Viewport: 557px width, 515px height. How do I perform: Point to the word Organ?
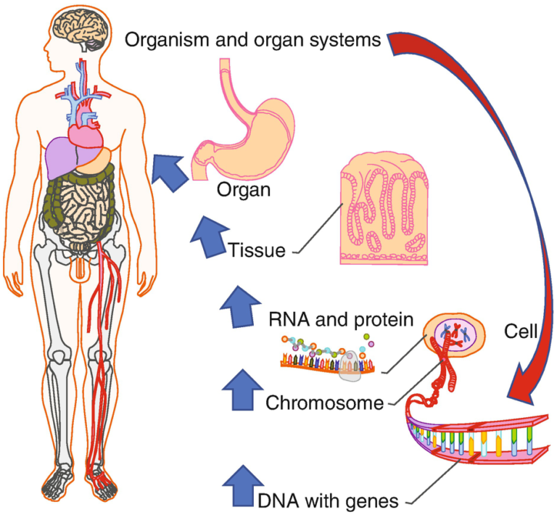click(x=243, y=191)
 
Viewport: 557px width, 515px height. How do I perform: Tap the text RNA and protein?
click(x=331, y=318)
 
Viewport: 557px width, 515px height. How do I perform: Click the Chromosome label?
click(x=324, y=402)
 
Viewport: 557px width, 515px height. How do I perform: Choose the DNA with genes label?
click(x=328, y=499)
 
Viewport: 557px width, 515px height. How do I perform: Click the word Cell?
click(x=520, y=333)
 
